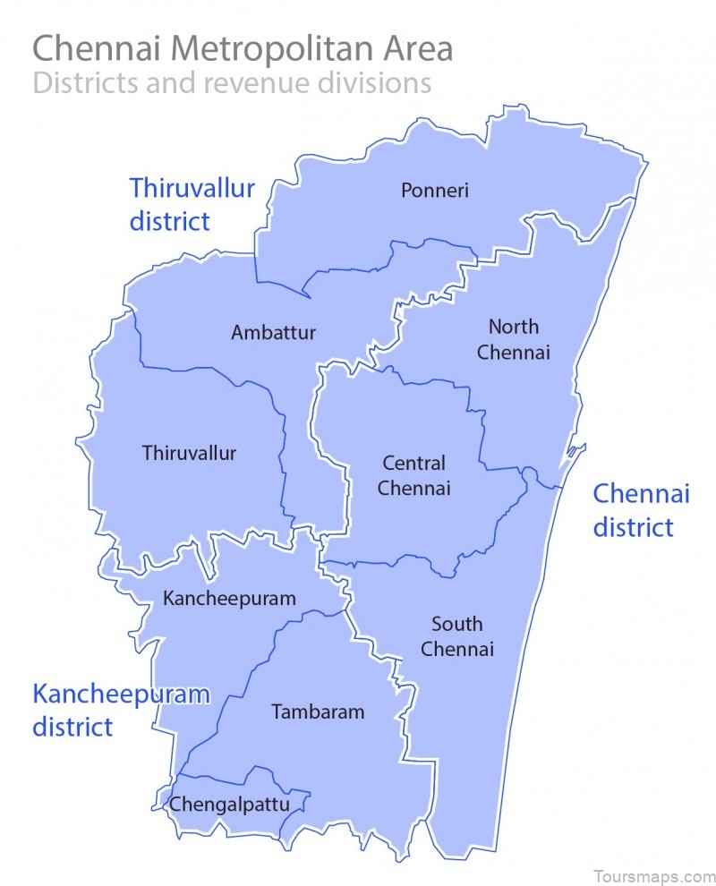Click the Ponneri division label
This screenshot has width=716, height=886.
tap(435, 190)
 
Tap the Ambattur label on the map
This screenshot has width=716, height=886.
tap(273, 333)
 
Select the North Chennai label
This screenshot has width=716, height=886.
tap(513, 339)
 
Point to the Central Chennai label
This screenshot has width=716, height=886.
tap(413, 476)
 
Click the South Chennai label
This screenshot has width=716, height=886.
tap(456, 636)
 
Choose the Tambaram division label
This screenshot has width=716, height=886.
tap(318, 712)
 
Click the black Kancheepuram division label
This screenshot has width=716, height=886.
tap(229, 599)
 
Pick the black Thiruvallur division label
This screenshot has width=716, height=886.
tap(189, 453)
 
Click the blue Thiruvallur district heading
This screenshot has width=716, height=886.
tap(192, 204)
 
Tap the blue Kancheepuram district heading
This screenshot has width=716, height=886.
tap(121, 709)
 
